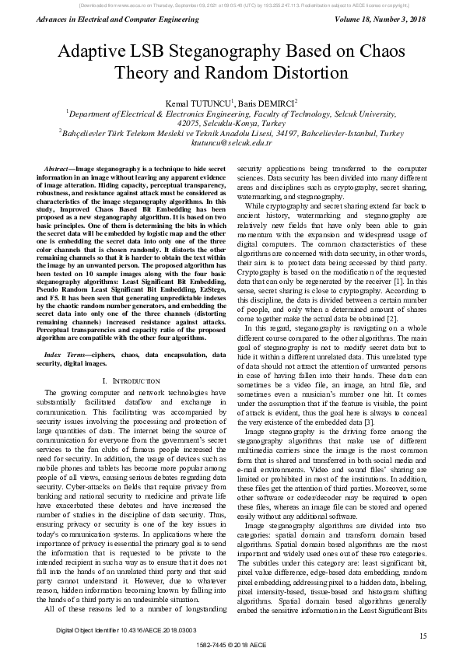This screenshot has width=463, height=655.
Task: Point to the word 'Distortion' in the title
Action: [x=305, y=74]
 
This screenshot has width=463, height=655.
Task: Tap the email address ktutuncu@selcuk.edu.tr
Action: [x=231, y=143]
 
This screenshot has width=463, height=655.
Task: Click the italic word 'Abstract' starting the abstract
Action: [x=59, y=169]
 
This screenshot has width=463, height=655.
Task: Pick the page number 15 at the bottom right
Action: [x=423, y=636]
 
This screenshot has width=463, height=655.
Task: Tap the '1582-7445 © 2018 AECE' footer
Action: [x=231, y=646]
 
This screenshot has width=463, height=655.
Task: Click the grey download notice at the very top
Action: [x=231, y=4]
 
